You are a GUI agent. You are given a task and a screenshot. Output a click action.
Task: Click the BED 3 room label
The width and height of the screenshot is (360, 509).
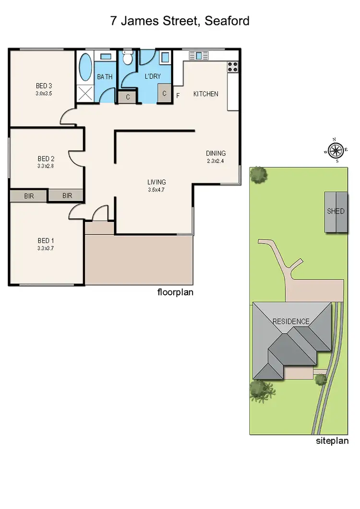point(44,86)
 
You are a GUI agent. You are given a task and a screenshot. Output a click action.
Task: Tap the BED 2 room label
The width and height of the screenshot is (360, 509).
point(46,158)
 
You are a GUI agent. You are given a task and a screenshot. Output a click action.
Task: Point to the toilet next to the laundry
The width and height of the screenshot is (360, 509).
point(127,59)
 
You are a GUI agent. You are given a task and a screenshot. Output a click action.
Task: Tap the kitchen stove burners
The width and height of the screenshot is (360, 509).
point(233,66)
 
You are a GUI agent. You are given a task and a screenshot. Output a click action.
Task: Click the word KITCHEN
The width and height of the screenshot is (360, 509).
point(205,94)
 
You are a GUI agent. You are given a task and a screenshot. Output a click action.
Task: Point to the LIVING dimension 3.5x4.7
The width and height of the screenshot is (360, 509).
point(156,190)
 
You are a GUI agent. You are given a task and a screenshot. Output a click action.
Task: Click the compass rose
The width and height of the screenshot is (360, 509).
point(336,150)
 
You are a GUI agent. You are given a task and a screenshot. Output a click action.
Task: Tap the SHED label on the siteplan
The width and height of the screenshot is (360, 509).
point(336,211)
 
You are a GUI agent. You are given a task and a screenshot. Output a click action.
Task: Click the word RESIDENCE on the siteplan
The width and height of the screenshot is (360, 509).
point(291,321)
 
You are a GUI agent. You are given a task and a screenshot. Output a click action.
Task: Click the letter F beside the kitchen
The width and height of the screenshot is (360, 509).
point(178,95)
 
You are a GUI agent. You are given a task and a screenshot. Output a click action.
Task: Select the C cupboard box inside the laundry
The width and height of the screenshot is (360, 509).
point(164,94)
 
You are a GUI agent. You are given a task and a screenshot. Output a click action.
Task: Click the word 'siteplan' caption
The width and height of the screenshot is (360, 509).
point(332,441)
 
